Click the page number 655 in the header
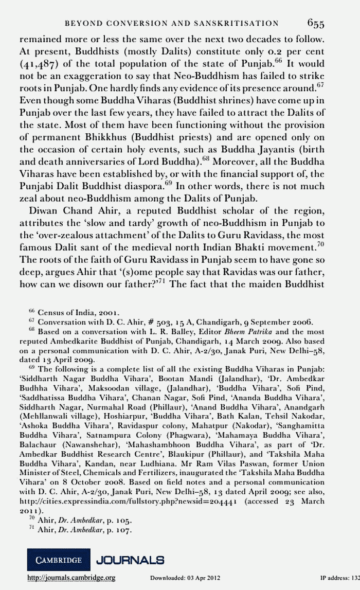click(x=315, y=23)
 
